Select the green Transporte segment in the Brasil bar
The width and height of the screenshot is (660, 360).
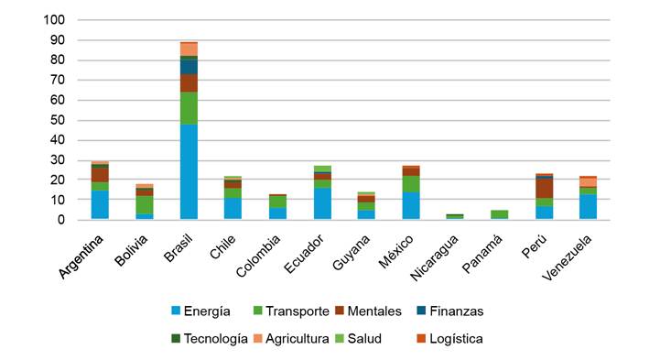pyautogui.click(x=189, y=107)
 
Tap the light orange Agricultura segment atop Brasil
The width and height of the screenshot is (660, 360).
pyautogui.click(x=189, y=49)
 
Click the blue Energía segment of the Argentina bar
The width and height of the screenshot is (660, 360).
pyautogui.click(x=100, y=205)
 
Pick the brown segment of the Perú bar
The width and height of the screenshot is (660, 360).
pyautogui.click(x=545, y=188)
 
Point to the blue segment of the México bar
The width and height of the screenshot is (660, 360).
pyautogui.click(x=411, y=206)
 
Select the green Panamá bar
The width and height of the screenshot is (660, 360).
pyautogui.click(x=500, y=215)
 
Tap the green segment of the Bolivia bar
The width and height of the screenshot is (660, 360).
pyautogui.click(x=145, y=204)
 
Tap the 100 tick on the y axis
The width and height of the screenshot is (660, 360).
pyautogui.click(x=54, y=20)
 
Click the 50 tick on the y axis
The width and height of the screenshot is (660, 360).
pyautogui.click(x=57, y=120)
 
